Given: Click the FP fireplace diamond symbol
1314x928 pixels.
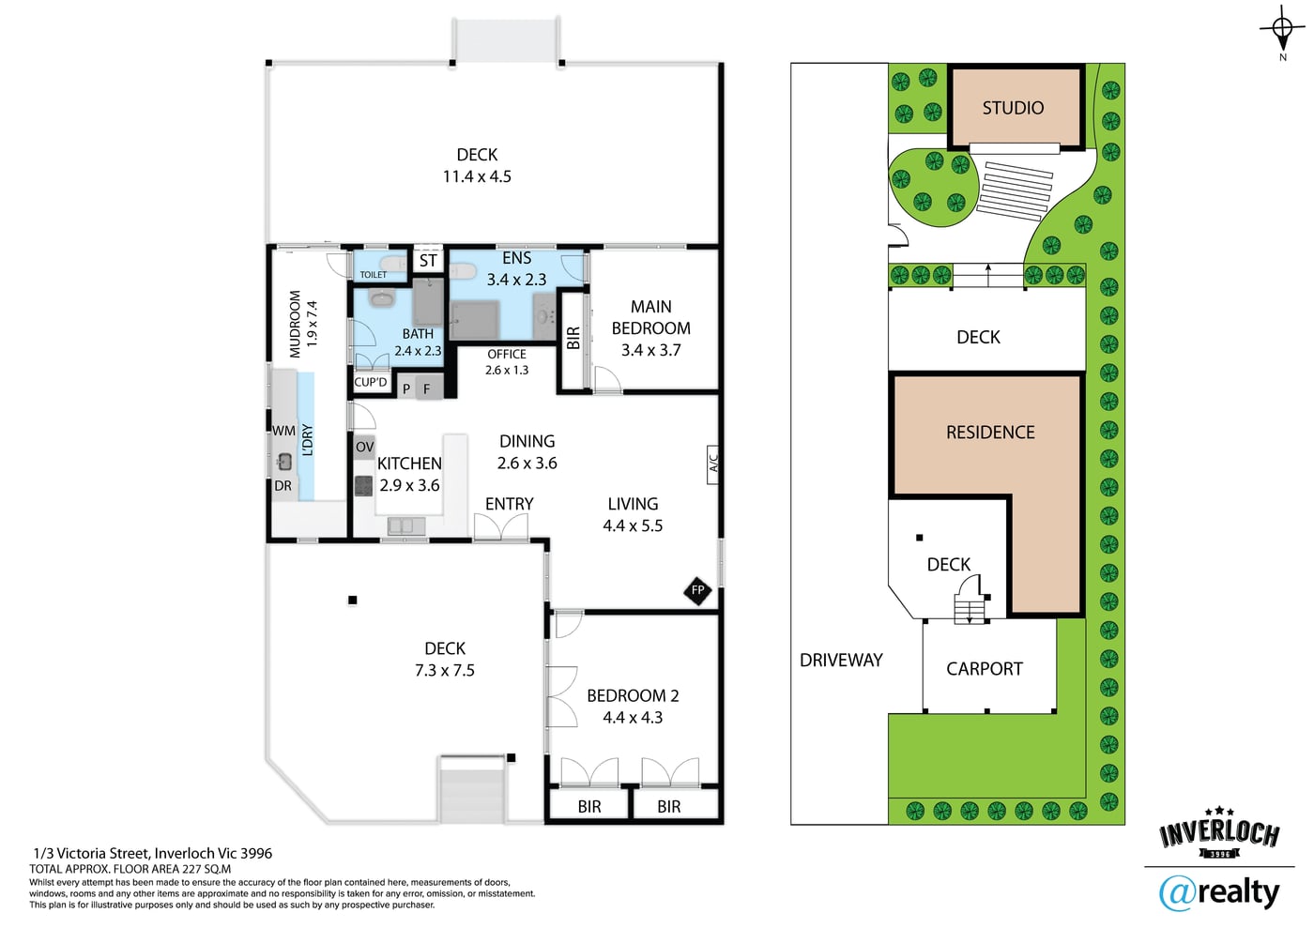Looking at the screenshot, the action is [x=697, y=590].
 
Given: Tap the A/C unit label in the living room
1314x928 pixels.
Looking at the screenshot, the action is [x=713, y=464].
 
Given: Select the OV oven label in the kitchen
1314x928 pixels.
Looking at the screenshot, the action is [x=364, y=447].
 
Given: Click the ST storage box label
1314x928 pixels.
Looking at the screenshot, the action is [x=428, y=261].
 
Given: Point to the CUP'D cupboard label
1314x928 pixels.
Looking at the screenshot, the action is [x=371, y=383].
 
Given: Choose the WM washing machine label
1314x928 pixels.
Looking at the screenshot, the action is [x=283, y=431].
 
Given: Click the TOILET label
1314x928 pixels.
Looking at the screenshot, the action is [x=374, y=275].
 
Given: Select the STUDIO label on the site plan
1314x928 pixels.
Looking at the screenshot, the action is [x=1013, y=108].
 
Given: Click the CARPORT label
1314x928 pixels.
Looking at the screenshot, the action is [x=985, y=669].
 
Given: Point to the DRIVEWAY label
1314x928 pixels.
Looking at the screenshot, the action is [x=841, y=660].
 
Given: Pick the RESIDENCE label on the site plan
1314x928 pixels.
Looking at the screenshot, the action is [x=990, y=433].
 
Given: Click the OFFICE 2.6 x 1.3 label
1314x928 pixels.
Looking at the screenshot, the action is [x=507, y=362].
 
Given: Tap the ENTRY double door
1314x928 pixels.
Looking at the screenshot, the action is [x=501, y=526].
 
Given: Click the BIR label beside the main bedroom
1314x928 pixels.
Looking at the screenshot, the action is [x=573, y=338].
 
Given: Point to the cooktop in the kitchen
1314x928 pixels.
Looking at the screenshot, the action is [x=364, y=486].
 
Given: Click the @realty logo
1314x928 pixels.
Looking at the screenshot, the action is [x=1218, y=893].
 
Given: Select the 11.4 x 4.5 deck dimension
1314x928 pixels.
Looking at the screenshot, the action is [x=477, y=176].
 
